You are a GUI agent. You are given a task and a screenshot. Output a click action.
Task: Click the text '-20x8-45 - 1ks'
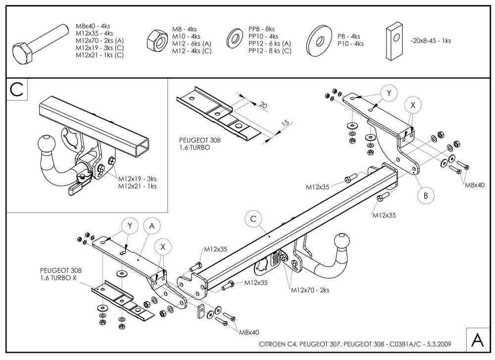click(x=431, y=41)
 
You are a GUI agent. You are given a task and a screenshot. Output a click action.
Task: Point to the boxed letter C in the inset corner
click(x=16, y=90)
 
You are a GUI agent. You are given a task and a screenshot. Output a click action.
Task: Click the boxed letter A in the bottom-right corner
click(x=477, y=340)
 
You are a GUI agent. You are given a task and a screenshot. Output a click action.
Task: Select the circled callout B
click(x=425, y=196)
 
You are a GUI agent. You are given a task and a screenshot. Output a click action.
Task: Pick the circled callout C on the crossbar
click(x=253, y=219)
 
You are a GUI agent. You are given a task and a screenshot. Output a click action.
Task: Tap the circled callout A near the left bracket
click(x=152, y=226)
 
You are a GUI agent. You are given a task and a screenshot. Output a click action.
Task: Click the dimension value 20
click(x=263, y=105)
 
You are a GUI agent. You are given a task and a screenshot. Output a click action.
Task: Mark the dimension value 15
click(x=284, y=123)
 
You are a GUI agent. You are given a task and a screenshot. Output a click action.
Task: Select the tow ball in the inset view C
click(x=45, y=143)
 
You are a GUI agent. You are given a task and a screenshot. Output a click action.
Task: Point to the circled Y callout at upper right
click(x=389, y=93)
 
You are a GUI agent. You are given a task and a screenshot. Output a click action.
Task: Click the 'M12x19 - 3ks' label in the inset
click(x=137, y=178)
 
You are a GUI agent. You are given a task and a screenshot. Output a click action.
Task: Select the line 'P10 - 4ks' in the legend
click(x=350, y=44)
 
